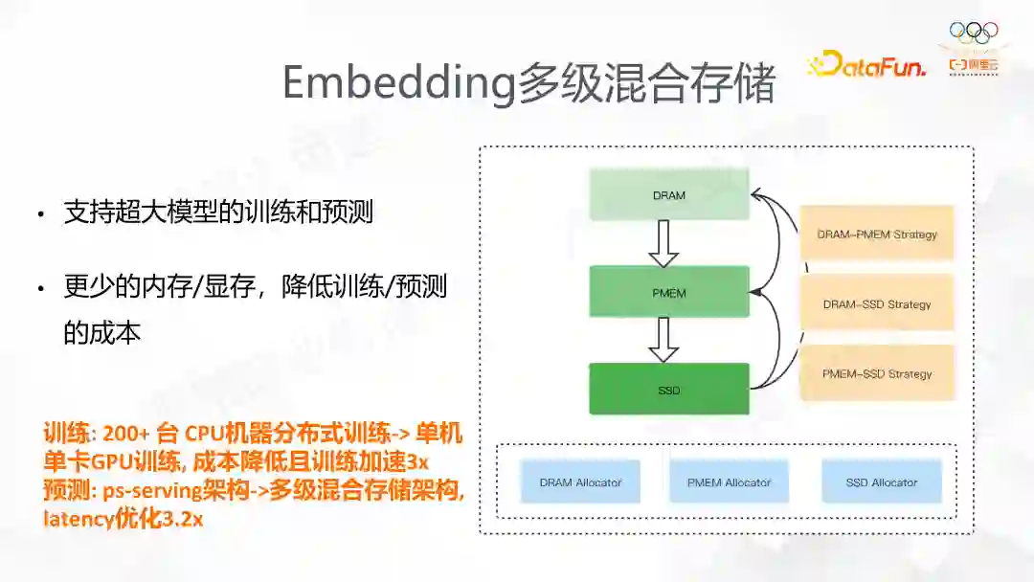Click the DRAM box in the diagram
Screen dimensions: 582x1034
(668, 195)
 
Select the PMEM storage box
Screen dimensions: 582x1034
(668, 292)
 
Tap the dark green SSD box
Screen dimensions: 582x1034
(668, 390)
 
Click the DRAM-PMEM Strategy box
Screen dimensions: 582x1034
(877, 234)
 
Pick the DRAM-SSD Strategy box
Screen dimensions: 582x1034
(877, 304)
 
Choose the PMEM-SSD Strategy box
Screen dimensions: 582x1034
(877, 373)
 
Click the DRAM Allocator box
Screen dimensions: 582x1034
(580, 482)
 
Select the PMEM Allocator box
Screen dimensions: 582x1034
(729, 482)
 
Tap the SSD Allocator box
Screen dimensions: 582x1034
(882, 482)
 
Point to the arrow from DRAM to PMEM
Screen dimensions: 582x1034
(663, 244)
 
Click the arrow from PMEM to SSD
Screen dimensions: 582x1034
(663, 340)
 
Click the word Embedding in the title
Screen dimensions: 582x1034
(398, 84)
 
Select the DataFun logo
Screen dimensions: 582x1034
(866, 65)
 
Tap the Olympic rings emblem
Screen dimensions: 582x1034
(974, 33)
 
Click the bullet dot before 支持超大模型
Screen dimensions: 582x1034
(40, 214)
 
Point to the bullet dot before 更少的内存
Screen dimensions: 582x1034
(40, 288)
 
